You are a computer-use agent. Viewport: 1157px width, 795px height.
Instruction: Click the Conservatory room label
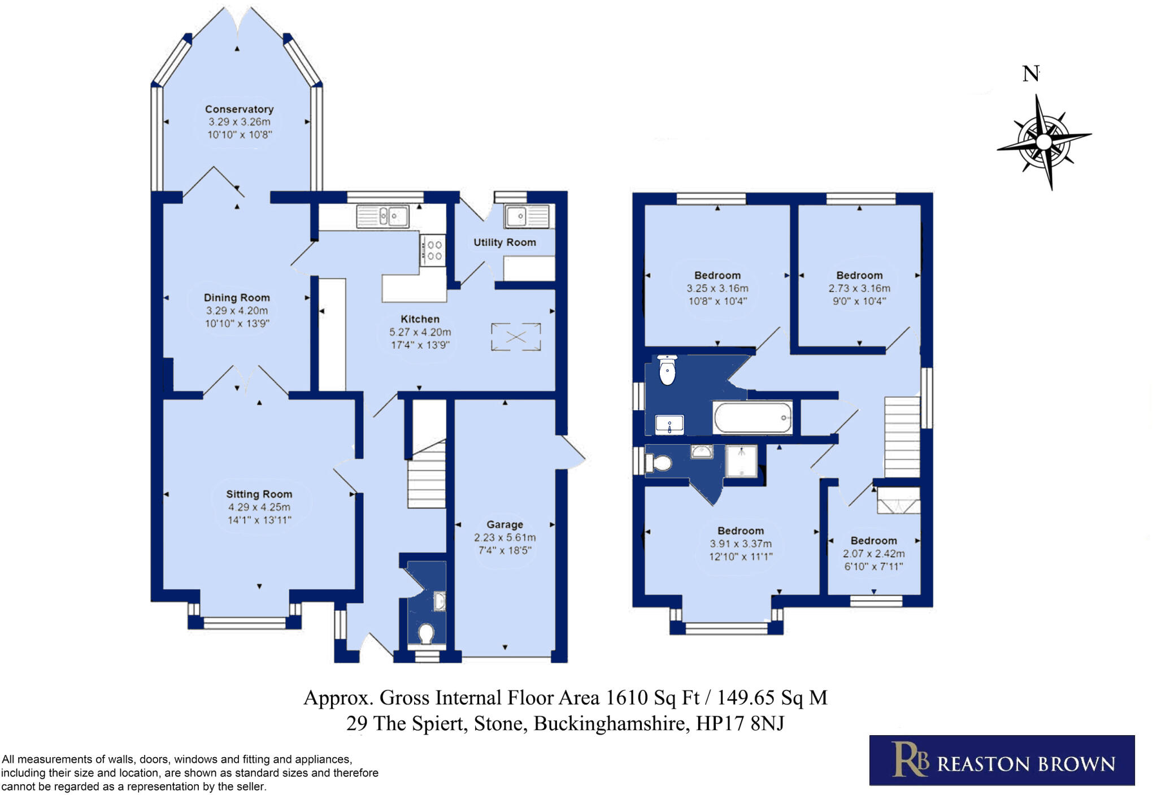pos(239,109)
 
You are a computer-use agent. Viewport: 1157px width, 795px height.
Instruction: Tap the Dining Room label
pos(237,298)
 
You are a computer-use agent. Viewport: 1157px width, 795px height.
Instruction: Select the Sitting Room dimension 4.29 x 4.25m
pos(259,507)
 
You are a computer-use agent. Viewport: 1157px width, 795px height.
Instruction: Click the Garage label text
pos(504,525)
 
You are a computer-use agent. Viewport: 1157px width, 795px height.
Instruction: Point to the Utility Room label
pos(504,242)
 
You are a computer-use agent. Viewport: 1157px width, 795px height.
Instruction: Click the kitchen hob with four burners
pos(433,250)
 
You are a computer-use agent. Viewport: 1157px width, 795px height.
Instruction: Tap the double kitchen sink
pos(382,216)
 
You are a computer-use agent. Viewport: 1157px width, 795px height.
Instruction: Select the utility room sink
pos(527,216)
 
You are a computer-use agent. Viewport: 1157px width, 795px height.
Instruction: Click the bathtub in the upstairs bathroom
pos(753,418)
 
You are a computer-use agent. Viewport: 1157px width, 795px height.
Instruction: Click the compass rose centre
pos(1043,141)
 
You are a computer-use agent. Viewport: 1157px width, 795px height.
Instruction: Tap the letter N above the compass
pos(1030,73)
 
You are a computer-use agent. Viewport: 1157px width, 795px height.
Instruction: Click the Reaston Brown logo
pos(1002,761)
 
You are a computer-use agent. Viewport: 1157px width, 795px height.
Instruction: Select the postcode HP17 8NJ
pos(740,724)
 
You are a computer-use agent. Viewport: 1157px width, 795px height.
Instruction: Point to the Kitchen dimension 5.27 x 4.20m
pos(420,332)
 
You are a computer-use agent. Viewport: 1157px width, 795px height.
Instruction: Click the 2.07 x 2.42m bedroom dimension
pos(874,554)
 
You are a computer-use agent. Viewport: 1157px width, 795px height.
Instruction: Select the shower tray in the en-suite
pos(741,462)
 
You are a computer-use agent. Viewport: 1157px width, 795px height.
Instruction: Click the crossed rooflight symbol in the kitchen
pos(516,337)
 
